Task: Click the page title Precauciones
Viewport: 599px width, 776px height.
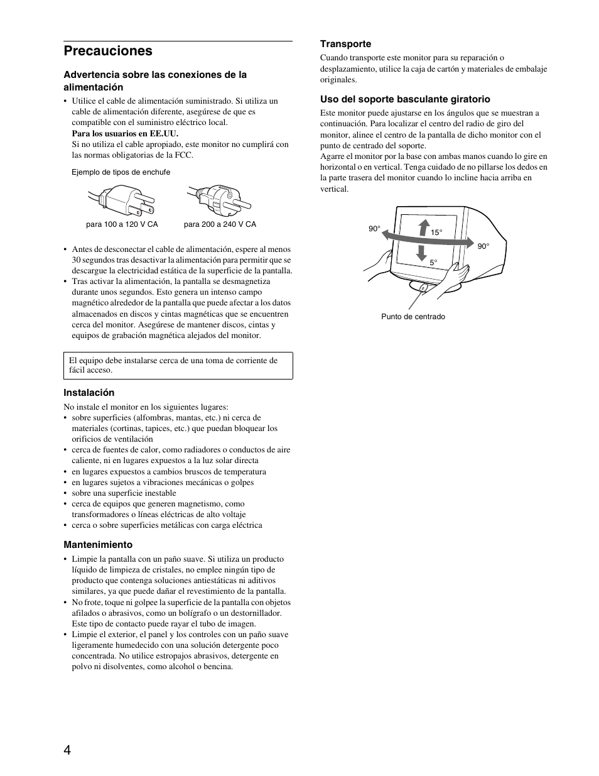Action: pos(107,51)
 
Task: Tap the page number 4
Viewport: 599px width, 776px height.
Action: pos(67,751)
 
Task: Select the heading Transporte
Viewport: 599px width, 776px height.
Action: pos(345,44)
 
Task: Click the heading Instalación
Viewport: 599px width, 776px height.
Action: pos(89,393)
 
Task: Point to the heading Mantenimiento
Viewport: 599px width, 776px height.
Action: pos(97,545)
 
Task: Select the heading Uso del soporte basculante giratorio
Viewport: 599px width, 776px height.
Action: pos(405,99)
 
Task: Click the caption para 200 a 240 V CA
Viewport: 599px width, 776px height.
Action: pos(220,224)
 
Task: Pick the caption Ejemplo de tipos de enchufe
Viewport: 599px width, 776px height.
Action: pos(121,172)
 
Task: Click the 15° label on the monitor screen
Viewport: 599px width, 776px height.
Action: pos(436,232)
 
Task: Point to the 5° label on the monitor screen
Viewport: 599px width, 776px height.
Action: pos(433,262)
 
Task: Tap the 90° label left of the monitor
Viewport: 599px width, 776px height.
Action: pos(374,229)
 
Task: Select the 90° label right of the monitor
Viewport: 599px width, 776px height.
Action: pos(483,246)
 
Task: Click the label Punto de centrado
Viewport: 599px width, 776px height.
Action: pos(413,317)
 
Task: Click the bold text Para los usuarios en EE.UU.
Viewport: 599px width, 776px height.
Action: pos(125,133)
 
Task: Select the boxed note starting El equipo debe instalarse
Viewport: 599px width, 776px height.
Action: pos(178,366)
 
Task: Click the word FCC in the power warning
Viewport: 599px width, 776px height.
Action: pos(185,155)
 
